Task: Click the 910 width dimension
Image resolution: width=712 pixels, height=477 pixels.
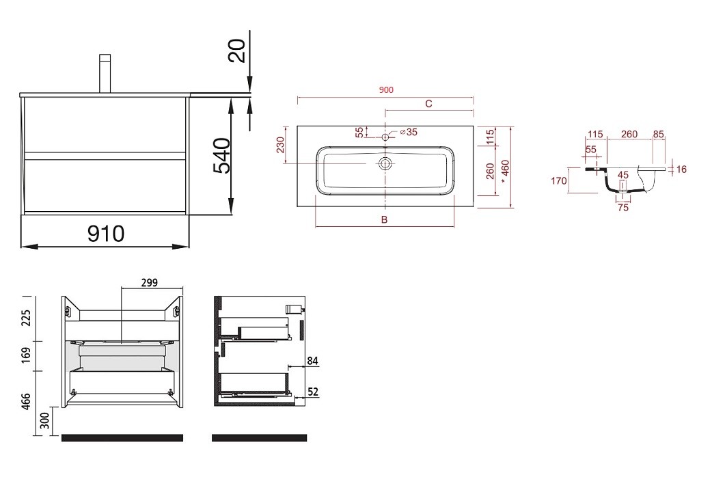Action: click(106, 234)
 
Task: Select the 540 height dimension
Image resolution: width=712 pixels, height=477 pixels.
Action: click(222, 155)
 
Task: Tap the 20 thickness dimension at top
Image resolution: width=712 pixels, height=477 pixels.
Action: click(237, 51)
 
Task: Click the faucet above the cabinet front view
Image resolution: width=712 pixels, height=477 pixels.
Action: click(105, 73)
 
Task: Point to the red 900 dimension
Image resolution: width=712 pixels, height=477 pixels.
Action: click(386, 90)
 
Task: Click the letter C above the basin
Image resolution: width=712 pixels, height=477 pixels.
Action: click(428, 104)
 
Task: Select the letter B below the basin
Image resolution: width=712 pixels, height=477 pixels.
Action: click(384, 220)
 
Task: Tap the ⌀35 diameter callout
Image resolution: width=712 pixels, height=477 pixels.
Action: click(409, 132)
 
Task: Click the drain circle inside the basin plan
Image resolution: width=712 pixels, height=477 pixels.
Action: click(385, 163)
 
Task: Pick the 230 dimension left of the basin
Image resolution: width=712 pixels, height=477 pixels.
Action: click(280, 145)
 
